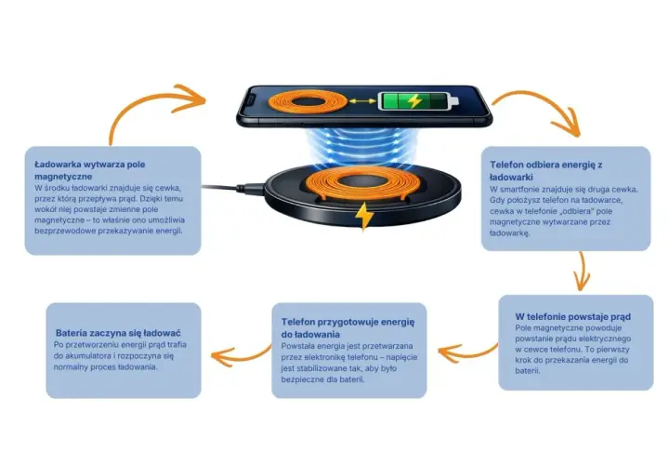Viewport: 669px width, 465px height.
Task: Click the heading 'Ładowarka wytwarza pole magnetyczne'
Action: [89, 170]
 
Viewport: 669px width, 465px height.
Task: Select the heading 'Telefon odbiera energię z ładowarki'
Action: [545, 171]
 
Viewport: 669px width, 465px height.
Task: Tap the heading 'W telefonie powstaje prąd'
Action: [572, 317]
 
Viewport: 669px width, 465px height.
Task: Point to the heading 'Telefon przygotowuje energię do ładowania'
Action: [348, 328]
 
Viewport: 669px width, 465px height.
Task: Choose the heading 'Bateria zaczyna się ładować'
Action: [118, 333]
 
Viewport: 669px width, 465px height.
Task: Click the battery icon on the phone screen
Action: [418, 101]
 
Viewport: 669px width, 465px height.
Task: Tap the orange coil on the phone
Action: [308, 101]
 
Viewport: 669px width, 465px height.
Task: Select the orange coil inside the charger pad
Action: [362, 183]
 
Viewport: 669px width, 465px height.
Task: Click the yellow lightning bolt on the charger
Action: [364, 216]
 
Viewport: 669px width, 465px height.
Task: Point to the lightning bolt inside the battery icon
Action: [413, 101]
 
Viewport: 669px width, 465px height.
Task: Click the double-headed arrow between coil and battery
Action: [362, 101]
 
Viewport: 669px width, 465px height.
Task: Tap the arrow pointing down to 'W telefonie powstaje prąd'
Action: [582, 271]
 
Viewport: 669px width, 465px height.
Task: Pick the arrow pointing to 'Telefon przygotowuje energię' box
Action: [466, 353]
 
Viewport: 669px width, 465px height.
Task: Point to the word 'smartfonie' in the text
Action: [522, 190]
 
